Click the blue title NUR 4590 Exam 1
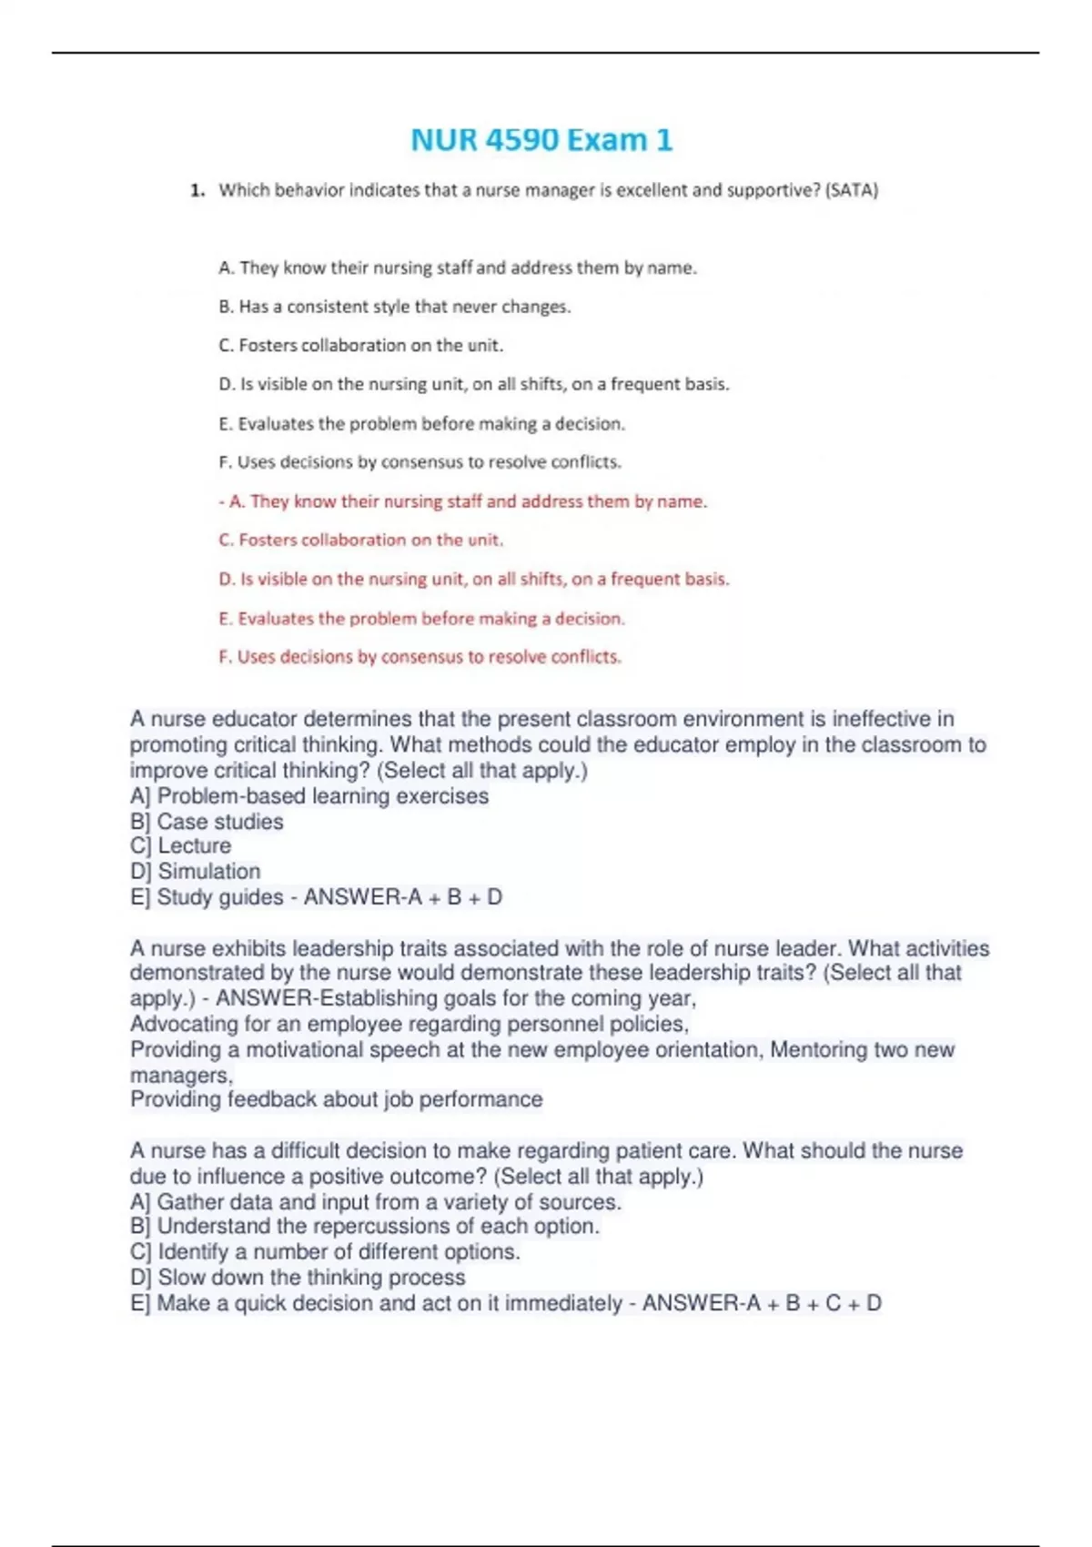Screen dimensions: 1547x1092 tap(541, 140)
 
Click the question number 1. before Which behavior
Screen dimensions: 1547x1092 tap(197, 190)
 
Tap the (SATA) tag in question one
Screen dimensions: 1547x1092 tap(851, 190)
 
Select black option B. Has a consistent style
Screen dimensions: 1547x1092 tap(394, 307)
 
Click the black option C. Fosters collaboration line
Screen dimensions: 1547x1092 tap(360, 346)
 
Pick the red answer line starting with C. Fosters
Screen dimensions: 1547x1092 tap(360, 540)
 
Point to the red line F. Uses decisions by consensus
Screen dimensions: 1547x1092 tap(420, 657)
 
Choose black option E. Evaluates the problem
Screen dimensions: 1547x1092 tap(421, 424)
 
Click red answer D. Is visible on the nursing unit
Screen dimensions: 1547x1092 tap(473, 579)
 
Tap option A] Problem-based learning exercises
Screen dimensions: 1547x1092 tap(309, 796)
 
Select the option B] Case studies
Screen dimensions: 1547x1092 tap(207, 822)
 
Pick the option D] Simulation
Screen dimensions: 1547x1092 tap(195, 872)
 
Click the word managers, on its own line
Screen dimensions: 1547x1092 tap(181, 1075)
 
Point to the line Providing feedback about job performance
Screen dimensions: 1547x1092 tap(336, 1099)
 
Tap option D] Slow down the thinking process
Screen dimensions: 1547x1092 tap(298, 1278)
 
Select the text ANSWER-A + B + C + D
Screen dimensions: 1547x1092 tap(762, 1303)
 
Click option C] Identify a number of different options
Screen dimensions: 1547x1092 tap(325, 1252)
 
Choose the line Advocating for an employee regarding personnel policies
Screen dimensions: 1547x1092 tap(409, 1024)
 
